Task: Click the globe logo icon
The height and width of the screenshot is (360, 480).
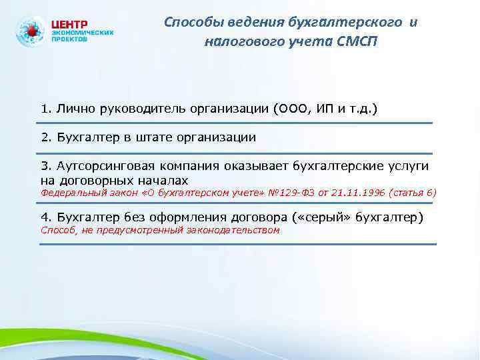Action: point(31,32)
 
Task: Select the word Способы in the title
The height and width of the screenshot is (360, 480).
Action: point(191,23)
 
